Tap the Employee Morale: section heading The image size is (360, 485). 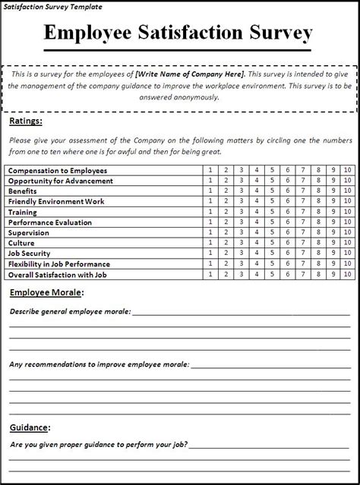click(46, 292)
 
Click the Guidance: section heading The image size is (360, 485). click(30, 427)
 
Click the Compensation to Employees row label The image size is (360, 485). click(58, 171)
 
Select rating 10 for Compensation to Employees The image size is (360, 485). click(347, 171)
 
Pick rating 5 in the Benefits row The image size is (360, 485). click(271, 191)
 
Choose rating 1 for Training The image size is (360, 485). click(210, 212)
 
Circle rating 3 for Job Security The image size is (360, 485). click(241, 254)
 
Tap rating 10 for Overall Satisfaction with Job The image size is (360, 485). click(347, 274)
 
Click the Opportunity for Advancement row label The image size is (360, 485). click(61, 181)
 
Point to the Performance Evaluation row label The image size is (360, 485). click(50, 222)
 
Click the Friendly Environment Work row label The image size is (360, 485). click(56, 202)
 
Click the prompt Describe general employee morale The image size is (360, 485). click(70, 311)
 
